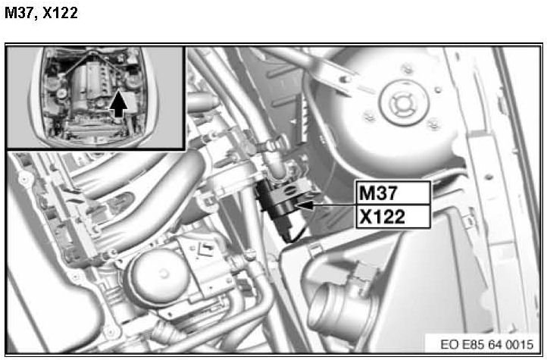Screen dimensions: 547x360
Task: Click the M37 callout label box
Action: coord(392,193)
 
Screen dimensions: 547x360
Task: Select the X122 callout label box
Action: coord(392,217)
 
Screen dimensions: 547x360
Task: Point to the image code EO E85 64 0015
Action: coord(486,345)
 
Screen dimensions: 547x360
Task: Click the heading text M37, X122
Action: coord(41,13)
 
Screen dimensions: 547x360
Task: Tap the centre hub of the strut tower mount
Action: coord(404,103)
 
